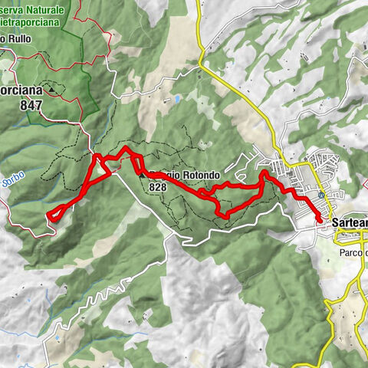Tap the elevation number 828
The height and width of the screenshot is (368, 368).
159,186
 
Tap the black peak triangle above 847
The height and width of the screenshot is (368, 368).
52,89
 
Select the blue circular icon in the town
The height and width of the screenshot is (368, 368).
320,195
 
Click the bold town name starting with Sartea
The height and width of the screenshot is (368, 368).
350,222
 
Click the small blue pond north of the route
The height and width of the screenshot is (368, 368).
177,100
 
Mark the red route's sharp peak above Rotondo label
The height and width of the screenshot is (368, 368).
126,146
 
